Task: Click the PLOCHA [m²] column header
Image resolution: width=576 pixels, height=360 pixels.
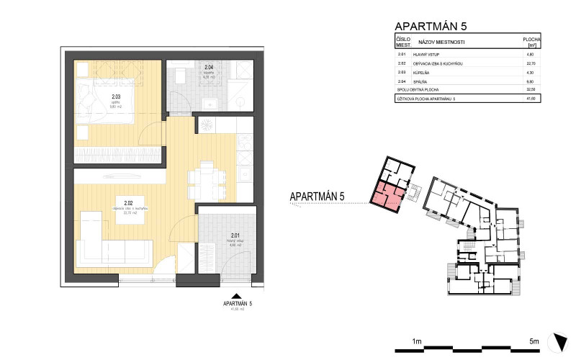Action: click(532, 42)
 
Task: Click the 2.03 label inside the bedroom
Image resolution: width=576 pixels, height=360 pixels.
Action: click(115, 97)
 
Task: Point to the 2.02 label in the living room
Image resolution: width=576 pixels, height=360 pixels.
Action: click(129, 204)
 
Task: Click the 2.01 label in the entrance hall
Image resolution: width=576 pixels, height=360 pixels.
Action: click(235, 236)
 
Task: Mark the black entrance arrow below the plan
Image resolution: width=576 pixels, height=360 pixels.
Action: click(235, 295)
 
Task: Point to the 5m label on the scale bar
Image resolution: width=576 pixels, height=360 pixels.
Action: click(534, 341)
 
